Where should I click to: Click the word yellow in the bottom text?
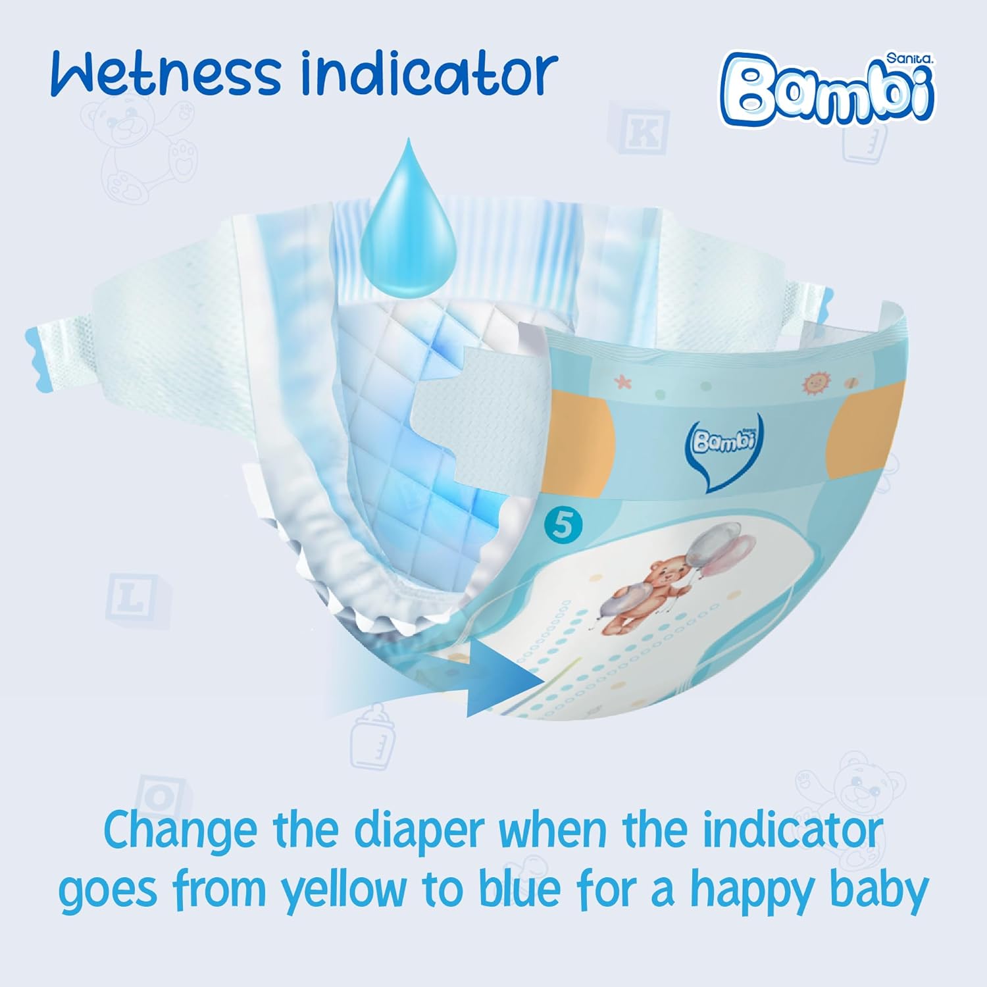(x=345, y=890)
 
